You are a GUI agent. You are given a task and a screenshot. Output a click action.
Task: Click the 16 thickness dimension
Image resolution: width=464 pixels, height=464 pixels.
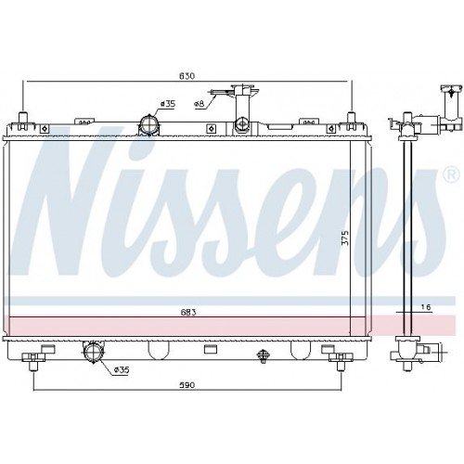pos(426,307)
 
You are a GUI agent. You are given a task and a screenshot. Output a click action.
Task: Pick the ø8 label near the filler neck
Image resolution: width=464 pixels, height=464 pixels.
pos(199,105)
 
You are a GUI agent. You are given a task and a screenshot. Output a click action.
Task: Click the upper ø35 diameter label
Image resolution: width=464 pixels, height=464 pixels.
pos(168,104)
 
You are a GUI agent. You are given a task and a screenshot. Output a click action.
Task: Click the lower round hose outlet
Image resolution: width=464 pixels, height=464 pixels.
pos(94,352)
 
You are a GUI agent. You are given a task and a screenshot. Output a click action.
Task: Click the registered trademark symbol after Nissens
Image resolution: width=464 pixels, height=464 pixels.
pos(450,174)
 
